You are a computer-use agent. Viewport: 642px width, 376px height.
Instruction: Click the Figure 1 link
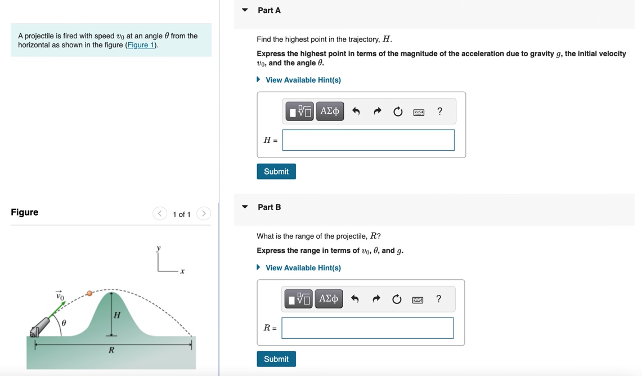point(141,45)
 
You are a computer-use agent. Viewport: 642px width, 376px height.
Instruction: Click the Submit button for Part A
point(276,172)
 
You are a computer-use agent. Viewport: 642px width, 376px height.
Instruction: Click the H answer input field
point(368,140)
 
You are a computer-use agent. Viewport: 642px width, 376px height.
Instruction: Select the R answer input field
point(367,328)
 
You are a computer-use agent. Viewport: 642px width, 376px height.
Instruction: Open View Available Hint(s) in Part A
point(303,80)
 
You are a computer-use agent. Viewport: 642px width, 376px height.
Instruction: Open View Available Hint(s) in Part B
point(303,268)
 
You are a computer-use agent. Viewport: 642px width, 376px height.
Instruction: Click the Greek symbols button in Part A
point(330,111)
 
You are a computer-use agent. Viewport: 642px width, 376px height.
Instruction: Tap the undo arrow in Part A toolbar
point(356,111)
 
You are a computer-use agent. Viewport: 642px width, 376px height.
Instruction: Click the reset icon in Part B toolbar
point(397,299)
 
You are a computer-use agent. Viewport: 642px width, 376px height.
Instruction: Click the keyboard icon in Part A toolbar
point(419,112)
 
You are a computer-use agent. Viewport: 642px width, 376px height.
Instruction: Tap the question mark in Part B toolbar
point(439,299)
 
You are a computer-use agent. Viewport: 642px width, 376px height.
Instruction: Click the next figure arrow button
point(204,213)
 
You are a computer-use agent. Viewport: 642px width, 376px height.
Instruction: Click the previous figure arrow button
point(160,213)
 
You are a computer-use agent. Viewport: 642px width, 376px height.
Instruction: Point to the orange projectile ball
point(89,293)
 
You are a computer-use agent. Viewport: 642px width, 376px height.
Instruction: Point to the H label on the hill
point(117,315)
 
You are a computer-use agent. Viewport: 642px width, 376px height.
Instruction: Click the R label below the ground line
point(111,350)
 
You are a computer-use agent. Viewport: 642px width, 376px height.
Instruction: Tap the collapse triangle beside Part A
point(245,10)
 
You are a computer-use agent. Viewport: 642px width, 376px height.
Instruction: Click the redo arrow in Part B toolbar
point(376,299)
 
